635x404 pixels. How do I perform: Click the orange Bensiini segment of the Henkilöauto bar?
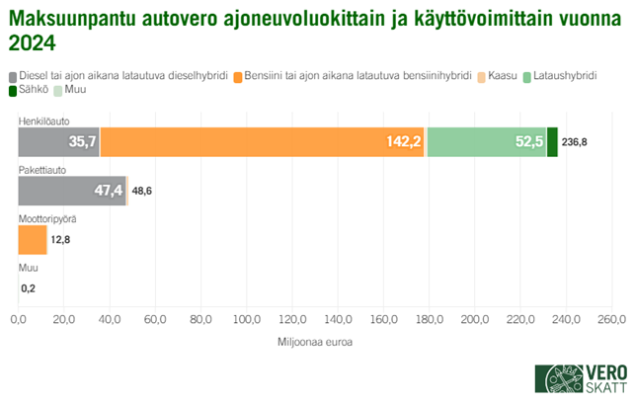coord(262,142)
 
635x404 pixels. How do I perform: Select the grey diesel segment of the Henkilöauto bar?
coord(58,142)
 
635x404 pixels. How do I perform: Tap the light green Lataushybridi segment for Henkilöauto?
coord(486,142)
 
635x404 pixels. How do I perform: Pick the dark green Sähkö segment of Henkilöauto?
coord(552,142)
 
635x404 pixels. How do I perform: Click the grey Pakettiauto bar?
coord(72,191)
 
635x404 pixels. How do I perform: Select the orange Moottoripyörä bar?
coord(33,239)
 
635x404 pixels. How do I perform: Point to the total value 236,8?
coord(575,142)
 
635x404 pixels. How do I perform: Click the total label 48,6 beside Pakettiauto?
coord(142,191)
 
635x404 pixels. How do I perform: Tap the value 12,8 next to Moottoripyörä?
coord(61,239)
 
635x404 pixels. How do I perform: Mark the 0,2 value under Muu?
coord(28,287)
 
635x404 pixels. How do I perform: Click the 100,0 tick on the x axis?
coord(246,320)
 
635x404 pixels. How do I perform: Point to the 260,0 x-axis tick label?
coord(611,320)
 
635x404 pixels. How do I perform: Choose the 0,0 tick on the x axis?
coord(18,320)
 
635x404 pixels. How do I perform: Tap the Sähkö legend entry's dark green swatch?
coord(14,91)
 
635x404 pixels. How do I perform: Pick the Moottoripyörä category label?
coord(45,218)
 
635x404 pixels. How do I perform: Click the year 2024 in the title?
coord(33,44)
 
